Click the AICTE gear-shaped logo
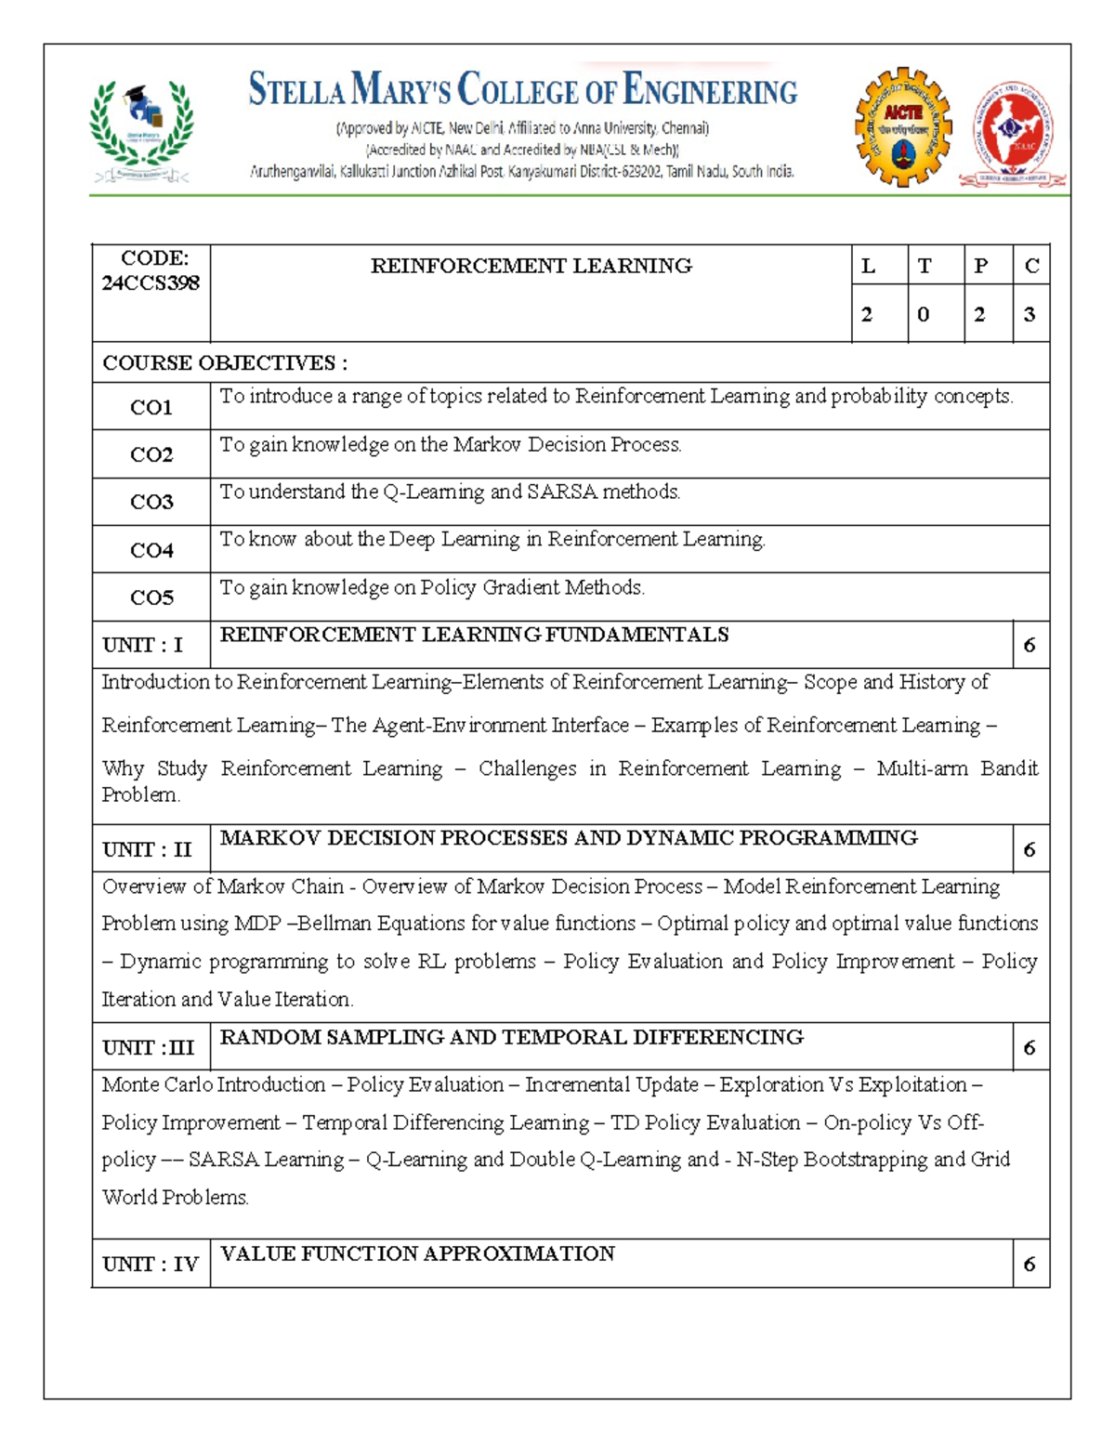pos(902,126)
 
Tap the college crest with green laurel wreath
pos(141,129)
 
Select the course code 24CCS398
pos(151,282)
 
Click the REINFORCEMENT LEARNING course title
pos(531,266)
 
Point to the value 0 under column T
pos(923,314)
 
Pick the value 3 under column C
pos(1030,314)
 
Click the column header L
pos(868,266)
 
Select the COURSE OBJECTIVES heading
pos(225,362)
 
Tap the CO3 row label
pos(151,502)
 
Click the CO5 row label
pos(151,597)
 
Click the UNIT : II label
pos(147,849)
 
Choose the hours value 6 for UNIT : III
pos(1030,1047)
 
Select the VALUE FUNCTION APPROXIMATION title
pos(417,1253)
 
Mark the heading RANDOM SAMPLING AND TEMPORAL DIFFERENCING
pos(511,1037)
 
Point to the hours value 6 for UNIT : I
pos(1030,645)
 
